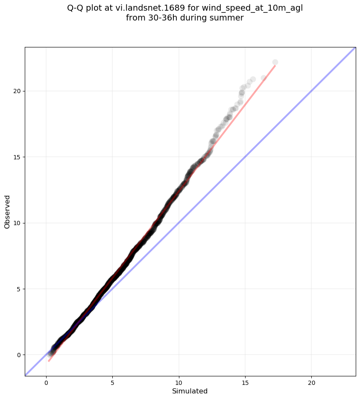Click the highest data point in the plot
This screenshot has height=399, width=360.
click(275, 62)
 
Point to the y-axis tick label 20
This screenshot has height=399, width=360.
click(17, 91)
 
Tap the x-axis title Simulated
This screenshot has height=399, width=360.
click(190, 391)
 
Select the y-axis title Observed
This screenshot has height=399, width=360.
click(7, 211)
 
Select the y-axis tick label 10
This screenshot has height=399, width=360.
click(17, 223)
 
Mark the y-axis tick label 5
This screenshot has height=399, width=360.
click(18, 289)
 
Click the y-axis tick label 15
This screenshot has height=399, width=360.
click(17, 157)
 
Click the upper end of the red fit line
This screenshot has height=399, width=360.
click(275, 65)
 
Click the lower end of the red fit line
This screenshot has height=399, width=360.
click(49, 361)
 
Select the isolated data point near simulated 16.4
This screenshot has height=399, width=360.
click(264, 78)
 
